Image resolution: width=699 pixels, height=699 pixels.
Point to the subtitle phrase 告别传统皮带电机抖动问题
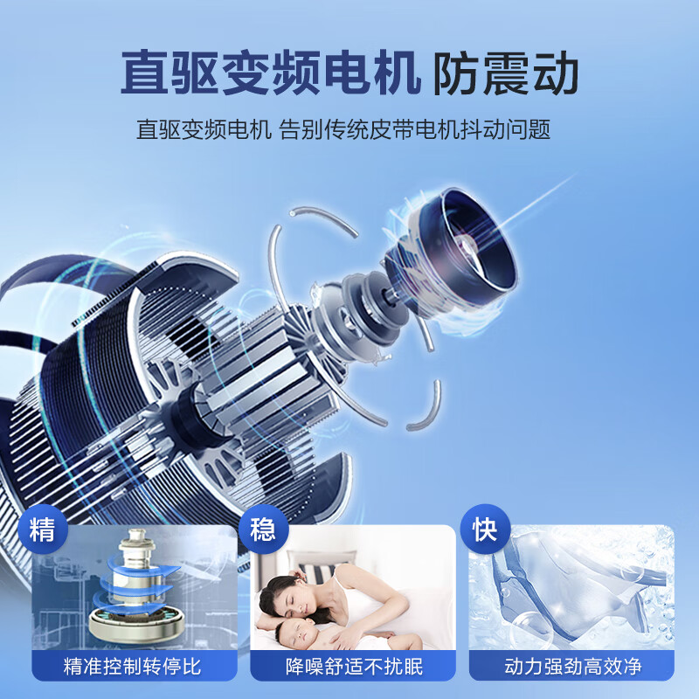(x=415, y=131)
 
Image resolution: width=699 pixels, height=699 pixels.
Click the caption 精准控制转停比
(x=133, y=667)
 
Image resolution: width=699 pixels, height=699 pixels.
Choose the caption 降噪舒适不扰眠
(x=354, y=667)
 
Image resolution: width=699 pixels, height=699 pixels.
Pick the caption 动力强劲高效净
(x=573, y=667)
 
